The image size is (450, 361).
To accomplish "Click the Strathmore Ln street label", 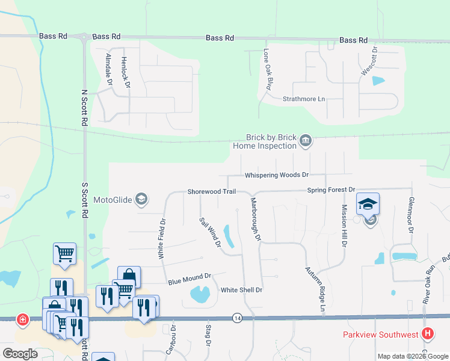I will tap(304, 99).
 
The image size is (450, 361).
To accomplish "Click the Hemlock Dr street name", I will tap(125, 72).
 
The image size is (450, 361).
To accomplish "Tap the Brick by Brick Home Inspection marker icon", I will tap(306, 141).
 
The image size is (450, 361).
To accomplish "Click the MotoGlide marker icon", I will tap(141, 199).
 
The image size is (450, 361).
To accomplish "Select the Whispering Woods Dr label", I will tap(276, 175).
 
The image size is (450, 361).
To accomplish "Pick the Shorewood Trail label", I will tap(211, 191).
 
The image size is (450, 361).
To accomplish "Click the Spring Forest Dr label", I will tap(331, 190).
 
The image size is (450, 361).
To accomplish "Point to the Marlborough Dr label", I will tap(255, 220).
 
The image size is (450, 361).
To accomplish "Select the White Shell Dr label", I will tap(241, 290).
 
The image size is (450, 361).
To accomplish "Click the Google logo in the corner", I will tap(20, 354).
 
